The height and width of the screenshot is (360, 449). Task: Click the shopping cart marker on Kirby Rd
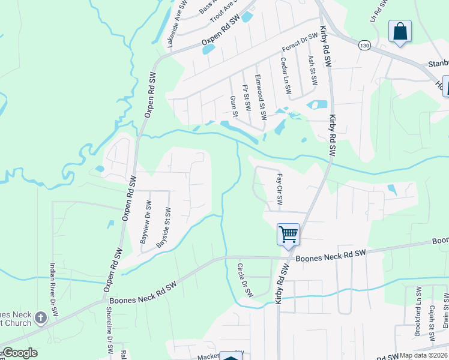[x=288, y=234]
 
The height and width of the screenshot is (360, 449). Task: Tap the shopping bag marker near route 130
[x=399, y=32]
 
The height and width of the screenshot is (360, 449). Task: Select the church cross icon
[x=40, y=317]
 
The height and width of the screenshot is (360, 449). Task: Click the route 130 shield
[x=364, y=45]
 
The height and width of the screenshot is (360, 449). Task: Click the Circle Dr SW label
[x=245, y=280]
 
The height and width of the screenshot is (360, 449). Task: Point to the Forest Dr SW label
[x=300, y=44]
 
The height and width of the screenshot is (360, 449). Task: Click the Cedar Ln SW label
[x=285, y=76]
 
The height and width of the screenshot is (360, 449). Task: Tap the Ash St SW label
[x=312, y=71]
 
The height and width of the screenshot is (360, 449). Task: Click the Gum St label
[x=234, y=106]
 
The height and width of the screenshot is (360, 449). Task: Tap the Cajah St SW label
[x=432, y=320]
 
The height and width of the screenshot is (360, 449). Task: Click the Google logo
[x=20, y=353]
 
